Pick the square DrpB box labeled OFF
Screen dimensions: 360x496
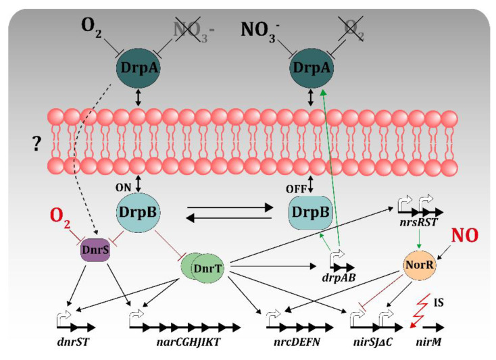point(312,211)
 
